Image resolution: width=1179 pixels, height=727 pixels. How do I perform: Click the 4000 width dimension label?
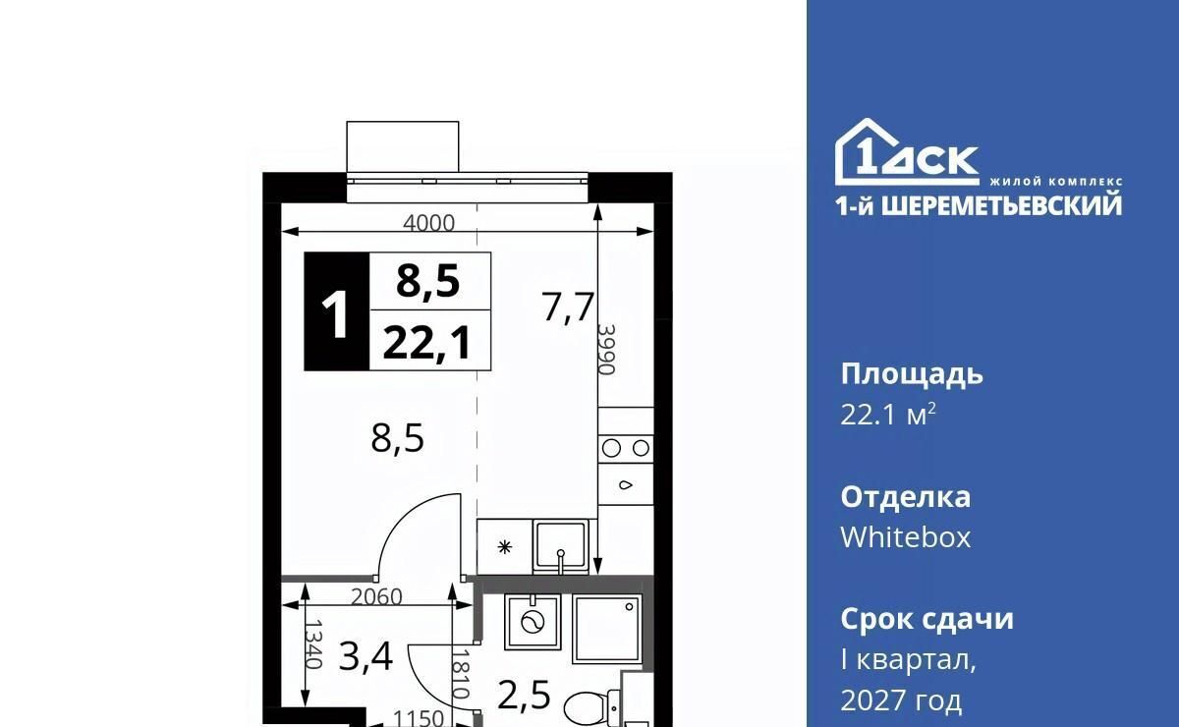point(428,223)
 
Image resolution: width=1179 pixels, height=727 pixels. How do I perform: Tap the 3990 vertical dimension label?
point(607,349)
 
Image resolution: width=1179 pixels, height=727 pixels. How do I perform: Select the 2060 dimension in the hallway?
point(376,597)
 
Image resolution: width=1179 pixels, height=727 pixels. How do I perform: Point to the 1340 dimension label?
point(313,643)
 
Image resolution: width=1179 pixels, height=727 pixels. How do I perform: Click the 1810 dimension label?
point(461,674)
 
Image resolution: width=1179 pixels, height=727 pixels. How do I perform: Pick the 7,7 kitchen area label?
point(569,307)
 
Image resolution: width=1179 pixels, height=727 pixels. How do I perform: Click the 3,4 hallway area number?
point(365,657)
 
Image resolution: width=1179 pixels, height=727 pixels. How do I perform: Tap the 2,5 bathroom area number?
point(524,695)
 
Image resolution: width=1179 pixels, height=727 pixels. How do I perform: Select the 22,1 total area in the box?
point(426,342)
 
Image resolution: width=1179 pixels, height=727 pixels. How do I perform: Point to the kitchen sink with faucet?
point(561,546)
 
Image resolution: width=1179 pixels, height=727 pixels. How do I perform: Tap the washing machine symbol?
point(532,623)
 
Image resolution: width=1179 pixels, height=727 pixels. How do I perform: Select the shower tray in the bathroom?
point(607,628)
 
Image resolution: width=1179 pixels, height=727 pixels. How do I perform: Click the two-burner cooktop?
point(626,449)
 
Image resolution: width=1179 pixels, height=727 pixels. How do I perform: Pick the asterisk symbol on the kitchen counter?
point(505,547)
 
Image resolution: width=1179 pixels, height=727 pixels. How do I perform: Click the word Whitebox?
point(905,537)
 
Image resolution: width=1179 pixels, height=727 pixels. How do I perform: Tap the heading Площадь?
point(912,374)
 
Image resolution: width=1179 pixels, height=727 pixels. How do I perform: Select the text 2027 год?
point(901,700)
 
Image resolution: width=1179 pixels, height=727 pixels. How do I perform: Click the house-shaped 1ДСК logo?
point(907,152)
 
